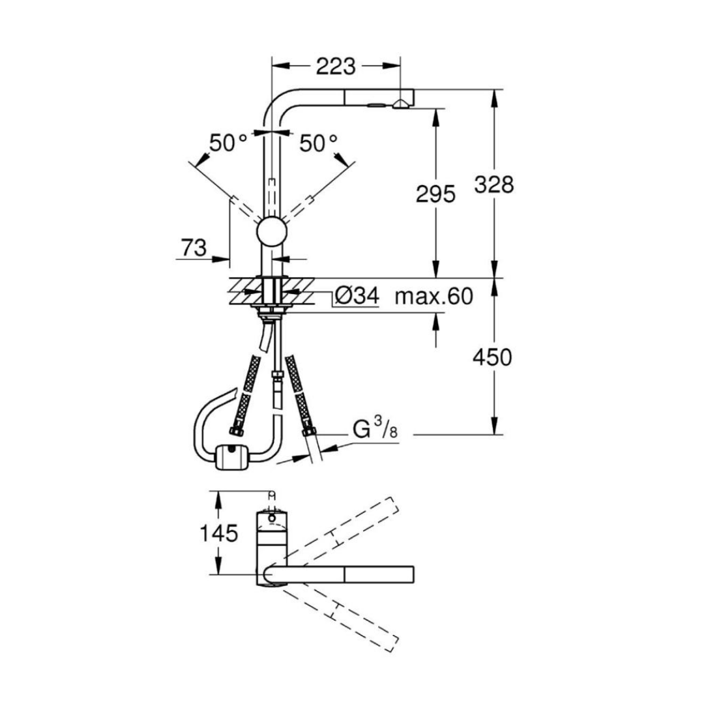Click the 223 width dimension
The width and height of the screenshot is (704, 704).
336,66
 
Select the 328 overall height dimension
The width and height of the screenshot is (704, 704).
494,185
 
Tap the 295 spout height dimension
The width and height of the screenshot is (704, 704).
434,194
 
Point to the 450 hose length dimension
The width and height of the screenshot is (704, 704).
493,357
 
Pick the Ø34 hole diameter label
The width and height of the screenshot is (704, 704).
356,297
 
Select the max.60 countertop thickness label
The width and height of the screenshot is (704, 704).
433,297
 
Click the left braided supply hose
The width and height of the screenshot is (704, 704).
247,395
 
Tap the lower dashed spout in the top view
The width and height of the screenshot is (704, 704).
339,610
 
